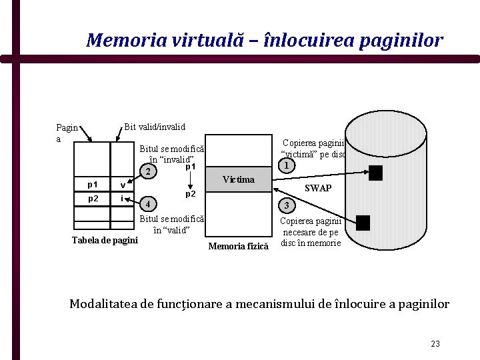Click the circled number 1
tap(285, 165)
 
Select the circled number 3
tap(285, 205)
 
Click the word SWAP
tap(317, 188)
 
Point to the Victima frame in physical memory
tap(239, 179)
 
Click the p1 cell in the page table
tap(93, 184)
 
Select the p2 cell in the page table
tap(93, 199)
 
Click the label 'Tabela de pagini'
tap(105, 240)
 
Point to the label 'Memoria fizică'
tap(238, 247)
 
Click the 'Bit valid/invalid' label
tap(155, 127)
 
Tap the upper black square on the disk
tap(376, 173)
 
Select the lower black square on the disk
tap(363, 222)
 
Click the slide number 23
tap(435, 344)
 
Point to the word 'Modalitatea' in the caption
tap(102, 304)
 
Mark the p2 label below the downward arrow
tap(190, 194)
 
